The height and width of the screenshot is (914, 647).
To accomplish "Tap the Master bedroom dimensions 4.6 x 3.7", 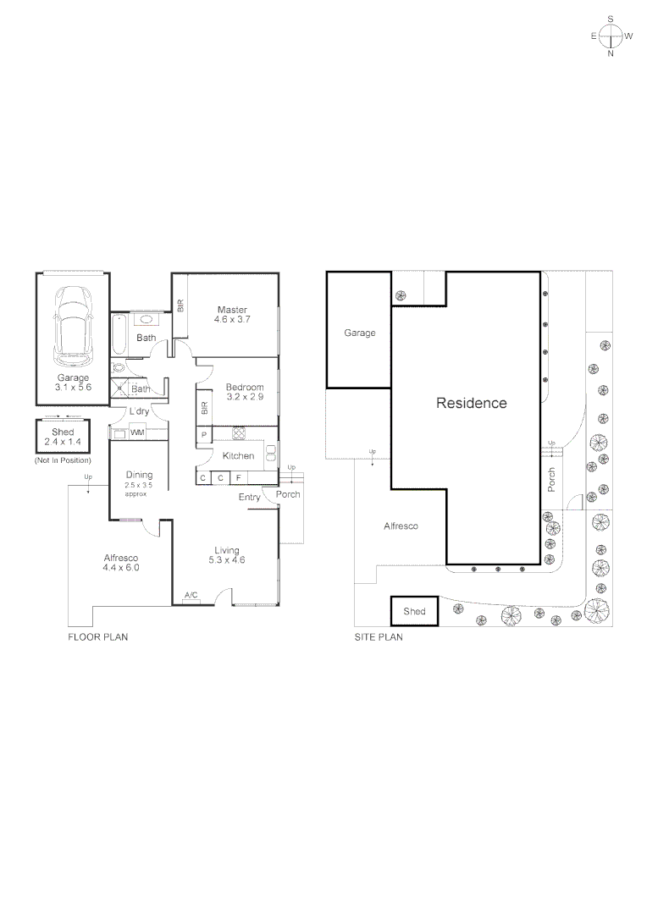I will click(x=231, y=321).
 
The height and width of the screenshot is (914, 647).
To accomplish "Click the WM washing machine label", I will click(x=136, y=433).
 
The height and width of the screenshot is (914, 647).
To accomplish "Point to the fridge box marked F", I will click(x=239, y=478).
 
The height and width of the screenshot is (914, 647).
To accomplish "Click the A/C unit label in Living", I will click(x=191, y=597).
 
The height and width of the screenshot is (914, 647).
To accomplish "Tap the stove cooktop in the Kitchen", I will click(x=239, y=433).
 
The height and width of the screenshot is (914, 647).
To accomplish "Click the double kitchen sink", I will click(x=271, y=456).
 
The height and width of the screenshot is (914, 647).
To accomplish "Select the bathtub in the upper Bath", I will click(x=119, y=334).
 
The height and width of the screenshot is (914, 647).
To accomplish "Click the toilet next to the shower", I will click(x=119, y=368).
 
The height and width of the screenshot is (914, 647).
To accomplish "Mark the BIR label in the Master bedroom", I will click(x=180, y=306).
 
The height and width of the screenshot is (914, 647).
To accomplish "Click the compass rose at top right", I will click(x=611, y=36).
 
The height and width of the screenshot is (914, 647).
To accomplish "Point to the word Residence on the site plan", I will click(x=471, y=404).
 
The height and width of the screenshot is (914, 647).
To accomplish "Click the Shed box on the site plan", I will click(x=414, y=611).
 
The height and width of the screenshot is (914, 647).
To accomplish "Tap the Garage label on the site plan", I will click(x=359, y=333).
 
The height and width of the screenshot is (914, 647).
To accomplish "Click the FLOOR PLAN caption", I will click(x=97, y=637).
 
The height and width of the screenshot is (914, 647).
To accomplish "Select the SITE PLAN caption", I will click(x=378, y=637).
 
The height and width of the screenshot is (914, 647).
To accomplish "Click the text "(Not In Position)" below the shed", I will click(x=62, y=460).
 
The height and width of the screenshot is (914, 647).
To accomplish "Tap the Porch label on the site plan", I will click(x=551, y=480).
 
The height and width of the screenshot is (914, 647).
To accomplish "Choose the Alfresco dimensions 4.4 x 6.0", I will click(x=121, y=568).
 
